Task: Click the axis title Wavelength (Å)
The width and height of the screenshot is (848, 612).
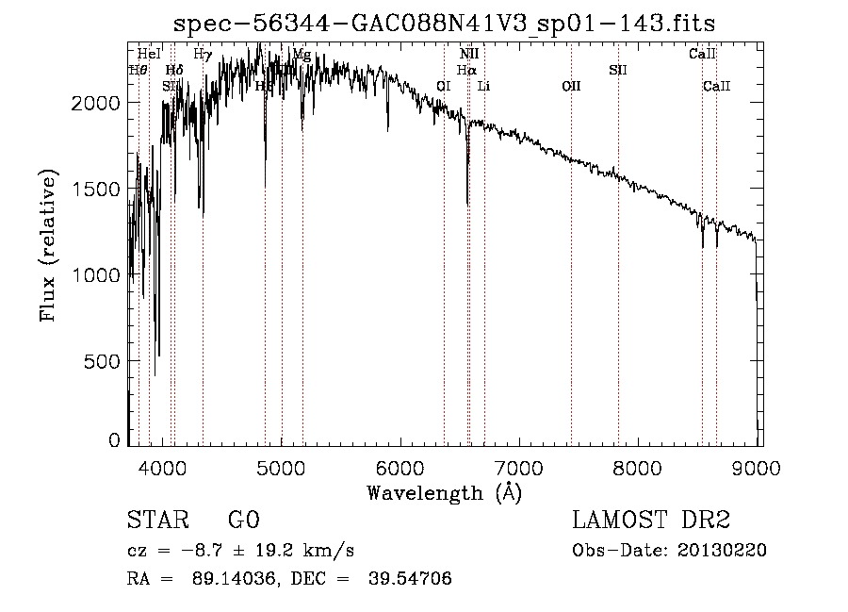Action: click(444, 492)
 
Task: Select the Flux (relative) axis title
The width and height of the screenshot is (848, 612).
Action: click(48, 246)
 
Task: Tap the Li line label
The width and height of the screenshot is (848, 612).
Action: click(483, 87)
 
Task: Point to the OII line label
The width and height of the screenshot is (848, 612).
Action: click(571, 87)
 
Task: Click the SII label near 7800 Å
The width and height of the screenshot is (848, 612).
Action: click(618, 70)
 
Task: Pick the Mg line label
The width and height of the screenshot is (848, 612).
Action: click(302, 55)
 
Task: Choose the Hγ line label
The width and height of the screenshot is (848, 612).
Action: click(202, 55)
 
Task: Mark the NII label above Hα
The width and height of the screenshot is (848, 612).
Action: click(469, 55)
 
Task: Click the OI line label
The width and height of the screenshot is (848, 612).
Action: click(444, 87)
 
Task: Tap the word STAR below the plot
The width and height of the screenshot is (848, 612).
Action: click(157, 521)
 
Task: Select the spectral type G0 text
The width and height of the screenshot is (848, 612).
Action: click(243, 521)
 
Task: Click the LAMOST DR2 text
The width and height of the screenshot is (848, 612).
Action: click(651, 521)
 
